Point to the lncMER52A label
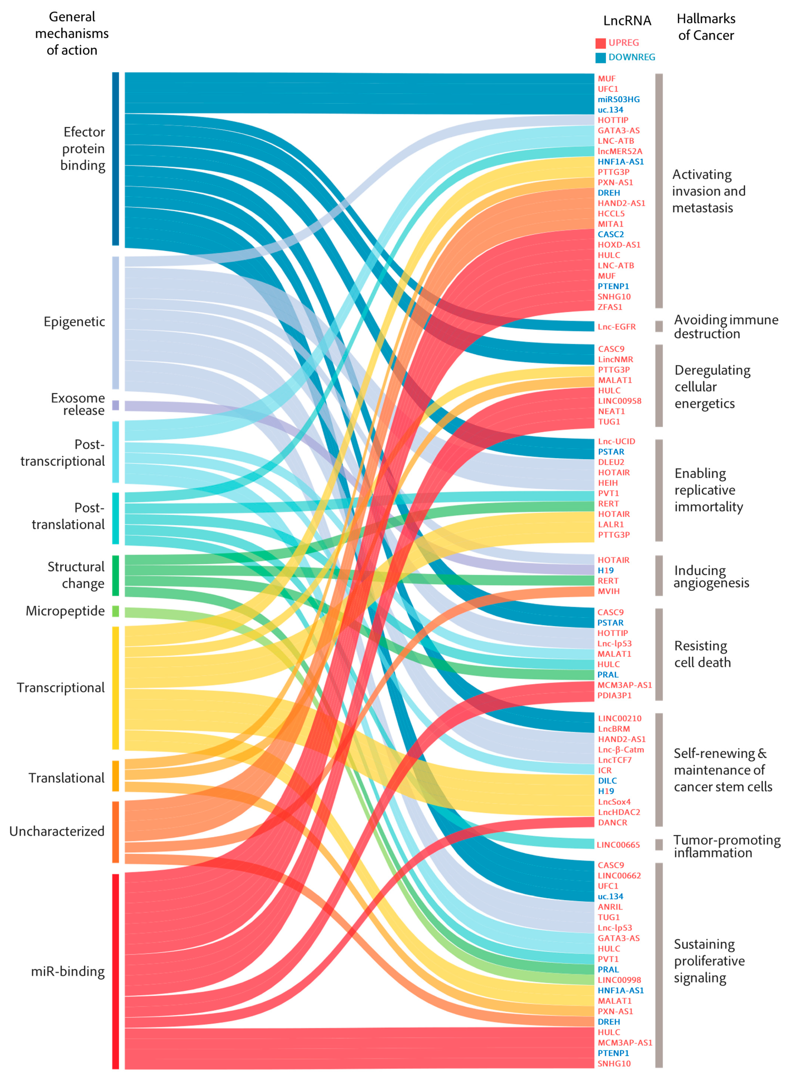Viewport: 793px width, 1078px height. pyautogui.click(x=620, y=151)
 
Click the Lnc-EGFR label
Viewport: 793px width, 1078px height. pyautogui.click(x=616, y=327)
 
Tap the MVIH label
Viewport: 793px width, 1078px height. pyautogui.click(x=608, y=591)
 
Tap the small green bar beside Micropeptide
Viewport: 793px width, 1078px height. pyautogui.click(x=115, y=611)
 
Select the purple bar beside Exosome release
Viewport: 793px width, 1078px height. pyautogui.click(x=115, y=405)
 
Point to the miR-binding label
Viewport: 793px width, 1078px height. pyautogui.click(x=67, y=971)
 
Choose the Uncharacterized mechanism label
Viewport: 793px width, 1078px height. pyautogui.click(x=57, y=831)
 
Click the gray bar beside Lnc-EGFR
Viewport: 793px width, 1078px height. pyautogui.click(x=659, y=327)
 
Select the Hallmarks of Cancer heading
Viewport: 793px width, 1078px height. pyautogui.click(x=706, y=27)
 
